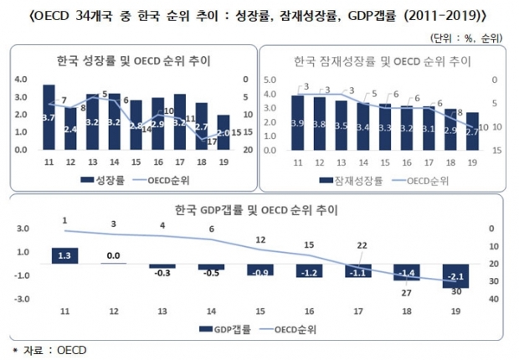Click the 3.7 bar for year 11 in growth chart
[x=49, y=117]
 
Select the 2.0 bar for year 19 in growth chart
[x=224, y=132]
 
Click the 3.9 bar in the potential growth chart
[x=298, y=122]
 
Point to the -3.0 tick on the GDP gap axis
[x=23, y=299]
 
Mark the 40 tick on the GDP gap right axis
[x=495, y=299]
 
